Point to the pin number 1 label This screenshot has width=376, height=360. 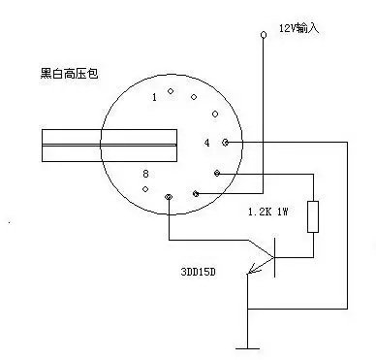point(153,98)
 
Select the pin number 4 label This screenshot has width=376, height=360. point(206,143)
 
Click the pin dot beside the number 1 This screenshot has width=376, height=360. point(171,92)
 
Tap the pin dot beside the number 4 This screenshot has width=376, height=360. point(226,143)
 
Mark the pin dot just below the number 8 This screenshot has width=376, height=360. point(145,188)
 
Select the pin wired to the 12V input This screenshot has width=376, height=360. point(197,194)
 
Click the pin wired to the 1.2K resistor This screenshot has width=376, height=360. point(217,174)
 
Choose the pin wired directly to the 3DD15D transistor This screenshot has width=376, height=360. point(170,197)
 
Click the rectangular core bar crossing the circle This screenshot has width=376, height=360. point(110,146)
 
